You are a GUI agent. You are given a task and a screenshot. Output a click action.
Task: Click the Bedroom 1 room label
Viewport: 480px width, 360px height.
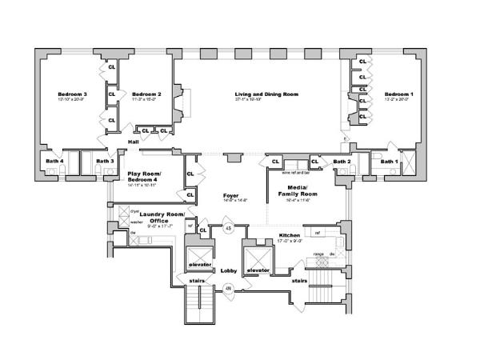tap(398, 94)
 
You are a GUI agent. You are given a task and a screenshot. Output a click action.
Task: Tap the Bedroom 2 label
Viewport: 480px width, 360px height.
tap(147, 94)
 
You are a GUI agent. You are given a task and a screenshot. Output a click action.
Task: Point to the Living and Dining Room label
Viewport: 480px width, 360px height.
tap(266, 94)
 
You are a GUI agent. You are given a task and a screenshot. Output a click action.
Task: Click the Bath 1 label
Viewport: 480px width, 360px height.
tap(389, 162)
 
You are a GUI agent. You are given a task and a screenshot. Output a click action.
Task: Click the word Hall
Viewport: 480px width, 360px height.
tap(134, 142)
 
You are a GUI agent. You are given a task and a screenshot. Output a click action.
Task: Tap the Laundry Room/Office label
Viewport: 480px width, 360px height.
tap(162, 218)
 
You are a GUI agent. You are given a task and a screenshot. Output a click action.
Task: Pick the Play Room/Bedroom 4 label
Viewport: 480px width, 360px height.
tap(145, 177)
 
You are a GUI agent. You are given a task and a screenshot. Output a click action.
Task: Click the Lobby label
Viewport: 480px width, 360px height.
tap(230, 270)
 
